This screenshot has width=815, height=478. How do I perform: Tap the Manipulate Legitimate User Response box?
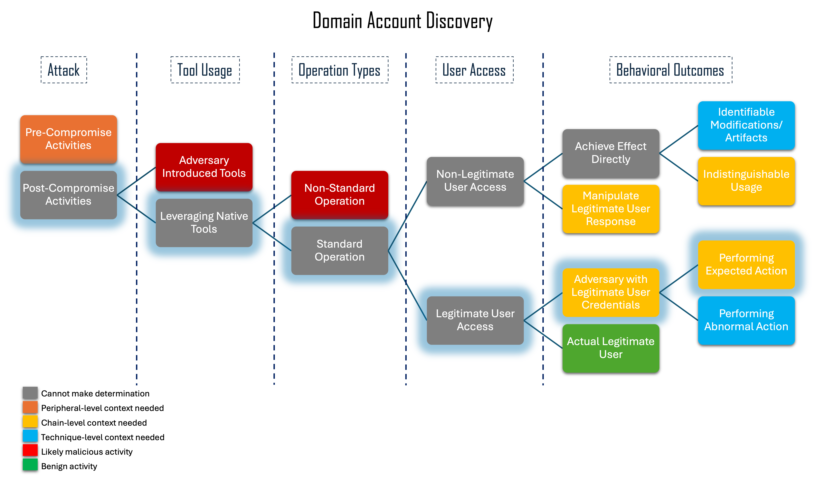point(611,209)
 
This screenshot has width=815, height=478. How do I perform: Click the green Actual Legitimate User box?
point(611,348)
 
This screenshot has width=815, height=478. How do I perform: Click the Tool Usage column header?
point(205,70)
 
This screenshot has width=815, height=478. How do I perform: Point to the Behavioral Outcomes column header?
point(670,70)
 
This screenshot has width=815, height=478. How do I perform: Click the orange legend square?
point(30,407)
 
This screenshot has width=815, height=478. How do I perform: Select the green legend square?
point(30,464)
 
